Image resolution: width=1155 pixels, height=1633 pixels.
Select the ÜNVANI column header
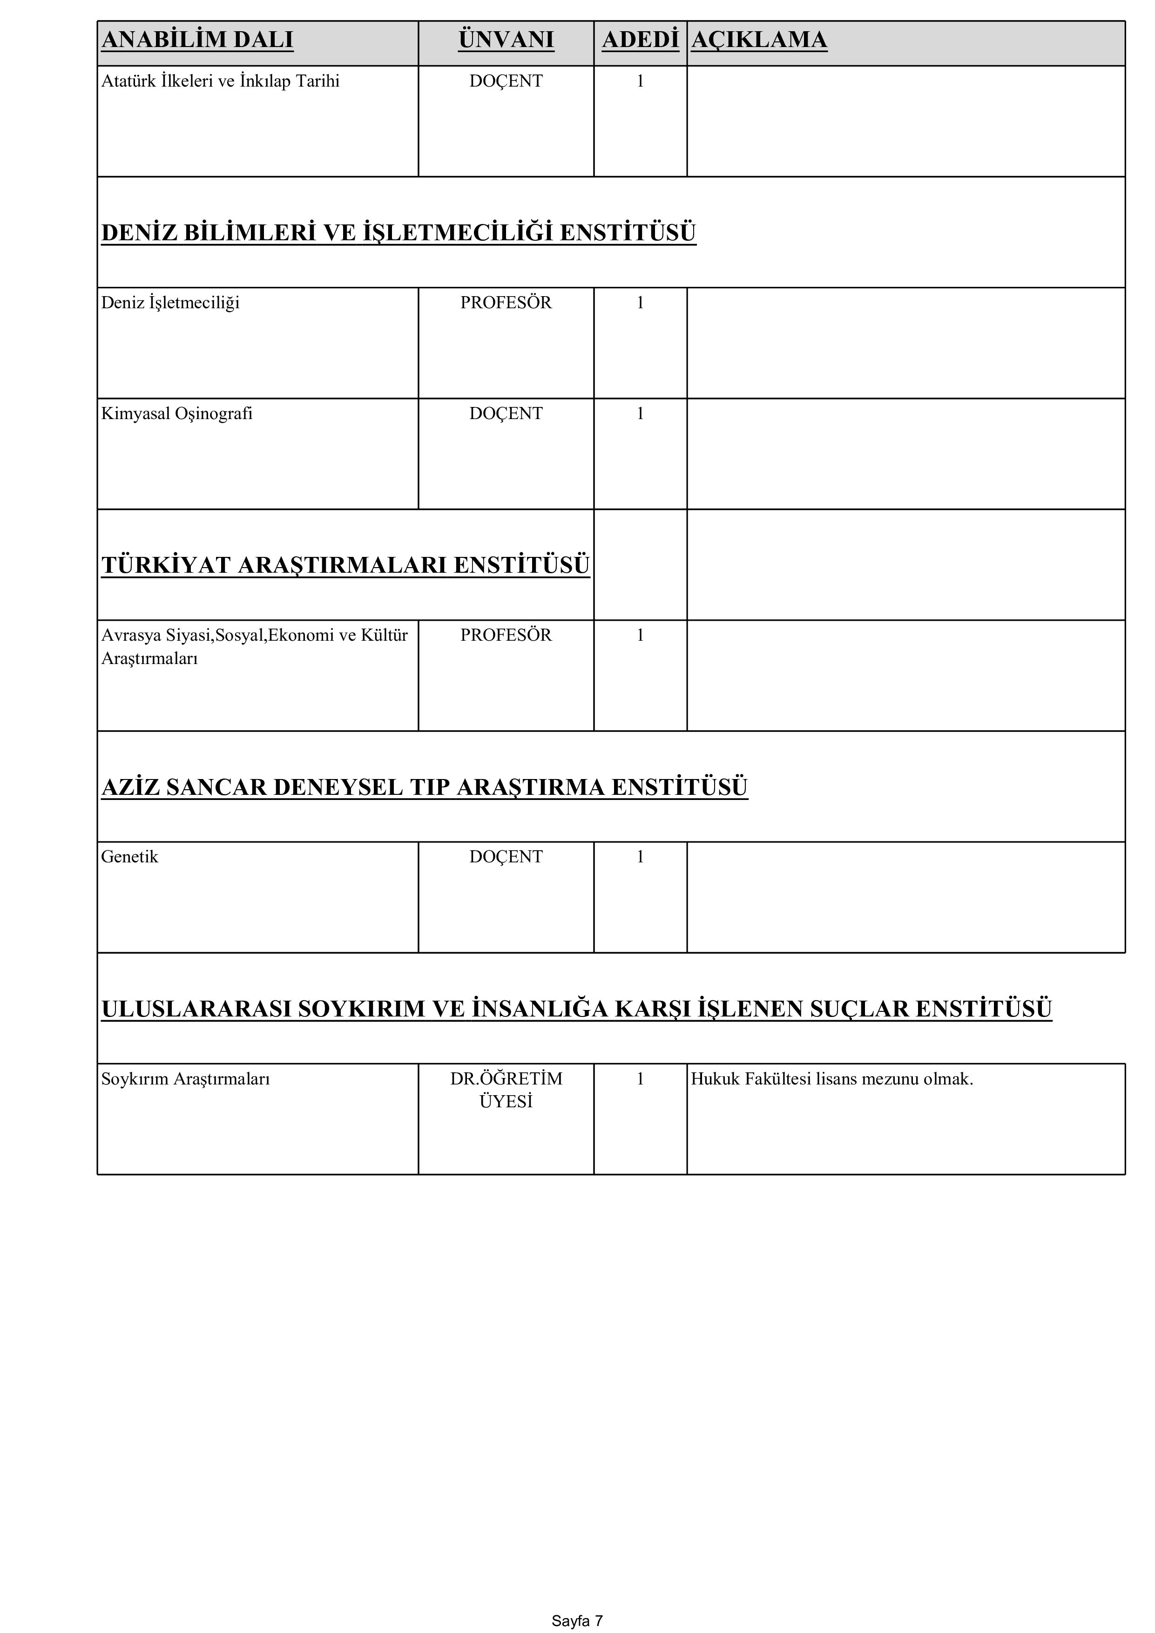point(506,40)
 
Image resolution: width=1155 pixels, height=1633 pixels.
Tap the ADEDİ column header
point(640,40)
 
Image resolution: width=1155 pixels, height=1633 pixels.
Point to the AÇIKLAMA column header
point(759,40)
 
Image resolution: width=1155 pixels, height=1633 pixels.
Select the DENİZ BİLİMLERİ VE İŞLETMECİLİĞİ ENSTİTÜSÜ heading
point(399,232)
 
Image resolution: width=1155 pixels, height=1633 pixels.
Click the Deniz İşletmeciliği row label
point(171,303)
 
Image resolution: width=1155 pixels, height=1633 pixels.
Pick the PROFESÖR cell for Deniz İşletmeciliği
point(506,303)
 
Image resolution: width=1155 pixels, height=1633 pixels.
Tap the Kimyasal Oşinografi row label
point(177,414)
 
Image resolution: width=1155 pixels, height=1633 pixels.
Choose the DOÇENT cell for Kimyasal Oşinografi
point(506,414)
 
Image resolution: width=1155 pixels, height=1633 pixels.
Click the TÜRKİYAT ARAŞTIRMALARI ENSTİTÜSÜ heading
point(345,565)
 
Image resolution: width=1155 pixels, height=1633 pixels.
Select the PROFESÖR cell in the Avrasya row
point(506,635)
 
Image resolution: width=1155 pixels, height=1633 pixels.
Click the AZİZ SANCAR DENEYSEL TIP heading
point(425,787)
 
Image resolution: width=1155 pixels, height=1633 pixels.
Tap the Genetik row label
point(129,857)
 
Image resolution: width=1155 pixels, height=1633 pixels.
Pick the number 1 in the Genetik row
point(640,857)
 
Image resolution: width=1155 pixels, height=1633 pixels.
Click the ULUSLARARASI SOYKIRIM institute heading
point(576,1009)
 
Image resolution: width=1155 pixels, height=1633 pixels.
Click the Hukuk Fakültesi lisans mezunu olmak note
point(831,1079)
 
